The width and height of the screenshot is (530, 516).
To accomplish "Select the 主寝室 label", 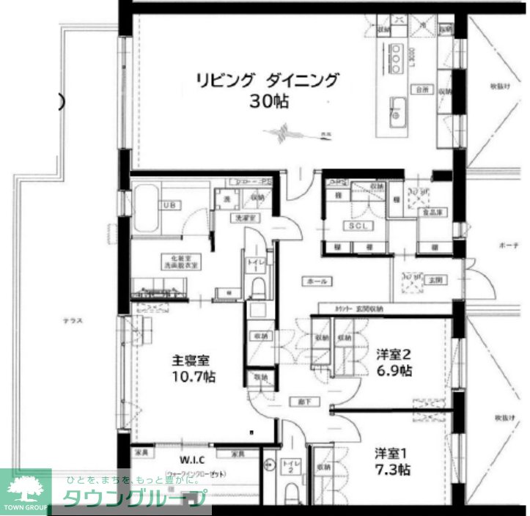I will point(191,361).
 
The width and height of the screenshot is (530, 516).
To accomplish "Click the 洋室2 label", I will point(393,353).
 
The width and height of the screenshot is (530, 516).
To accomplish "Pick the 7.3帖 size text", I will point(394,469).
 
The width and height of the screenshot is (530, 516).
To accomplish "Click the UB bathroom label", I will point(169,204).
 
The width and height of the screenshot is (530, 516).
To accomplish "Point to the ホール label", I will point(317,281).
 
